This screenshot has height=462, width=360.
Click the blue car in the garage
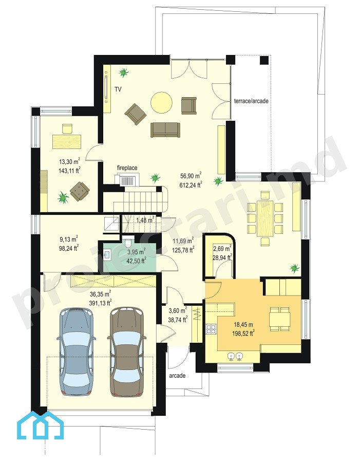pyautogui.click(x=77, y=352)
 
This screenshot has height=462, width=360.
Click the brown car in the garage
pyautogui.click(x=127, y=352)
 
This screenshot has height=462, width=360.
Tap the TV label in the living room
pyautogui.click(x=118, y=89)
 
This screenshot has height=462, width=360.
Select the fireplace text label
pyautogui.click(x=127, y=168)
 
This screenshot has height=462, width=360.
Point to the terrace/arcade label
pyautogui.click(x=251, y=101)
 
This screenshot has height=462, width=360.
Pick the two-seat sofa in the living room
pyautogui.click(x=165, y=130)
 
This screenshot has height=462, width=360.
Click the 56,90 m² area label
pyautogui.click(x=191, y=176)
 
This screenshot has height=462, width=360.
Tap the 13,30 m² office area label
pyautogui.click(x=70, y=161)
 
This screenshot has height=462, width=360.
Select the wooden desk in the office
pyautogui.click(x=67, y=141)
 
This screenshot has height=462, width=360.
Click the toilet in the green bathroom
pyautogui.click(x=128, y=242)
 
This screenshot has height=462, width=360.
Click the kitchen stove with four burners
pyautogui.click(x=211, y=329)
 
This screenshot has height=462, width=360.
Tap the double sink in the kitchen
pyautogui.click(x=236, y=357)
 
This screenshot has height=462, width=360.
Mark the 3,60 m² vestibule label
pyautogui.click(x=178, y=310)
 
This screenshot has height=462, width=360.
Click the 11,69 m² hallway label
pyautogui.click(x=183, y=242)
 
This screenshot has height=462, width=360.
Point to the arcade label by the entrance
pyautogui.click(x=177, y=375)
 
